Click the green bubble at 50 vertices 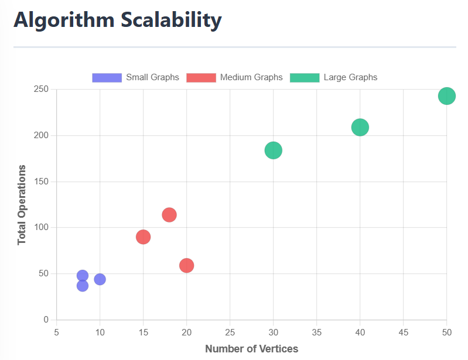coord(446,96)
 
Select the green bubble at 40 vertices coord(360,127)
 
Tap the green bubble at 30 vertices coord(273,150)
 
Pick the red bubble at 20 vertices coord(186,266)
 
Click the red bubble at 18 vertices coord(169,215)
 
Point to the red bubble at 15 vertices coord(143,237)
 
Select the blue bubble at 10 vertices coord(100,279)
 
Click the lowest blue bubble coord(83,286)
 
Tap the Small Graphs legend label coord(152,77)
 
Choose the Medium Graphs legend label coord(251,77)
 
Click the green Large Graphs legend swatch coord(305,77)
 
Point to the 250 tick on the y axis coord(40,90)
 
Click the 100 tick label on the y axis coord(40,228)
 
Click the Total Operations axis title coord(22,205)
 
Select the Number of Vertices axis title coord(251,349)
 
